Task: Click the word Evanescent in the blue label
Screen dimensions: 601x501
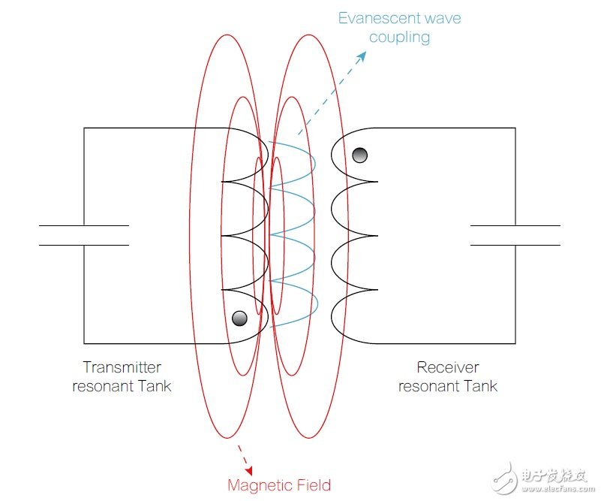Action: (379, 19)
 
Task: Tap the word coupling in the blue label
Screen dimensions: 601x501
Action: (399, 38)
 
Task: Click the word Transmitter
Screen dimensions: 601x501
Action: (122, 367)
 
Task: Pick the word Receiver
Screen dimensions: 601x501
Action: (448, 367)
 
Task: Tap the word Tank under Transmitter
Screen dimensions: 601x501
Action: (155, 386)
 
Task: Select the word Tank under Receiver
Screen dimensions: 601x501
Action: (481, 386)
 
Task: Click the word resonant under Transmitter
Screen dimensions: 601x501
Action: (103, 387)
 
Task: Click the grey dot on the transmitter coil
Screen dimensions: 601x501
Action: (239, 318)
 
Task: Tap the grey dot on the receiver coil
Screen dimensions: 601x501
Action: (360, 155)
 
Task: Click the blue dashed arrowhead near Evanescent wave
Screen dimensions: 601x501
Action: (362, 57)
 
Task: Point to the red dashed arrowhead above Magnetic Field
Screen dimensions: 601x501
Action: (250, 470)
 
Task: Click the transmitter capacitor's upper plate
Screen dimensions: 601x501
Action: (84, 225)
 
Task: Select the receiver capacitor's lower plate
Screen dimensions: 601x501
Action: (515, 245)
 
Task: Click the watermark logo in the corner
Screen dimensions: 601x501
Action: (504, 478)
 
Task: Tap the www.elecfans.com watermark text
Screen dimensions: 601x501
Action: (558, 489)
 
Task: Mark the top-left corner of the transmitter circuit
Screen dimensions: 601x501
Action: (84, 128)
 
